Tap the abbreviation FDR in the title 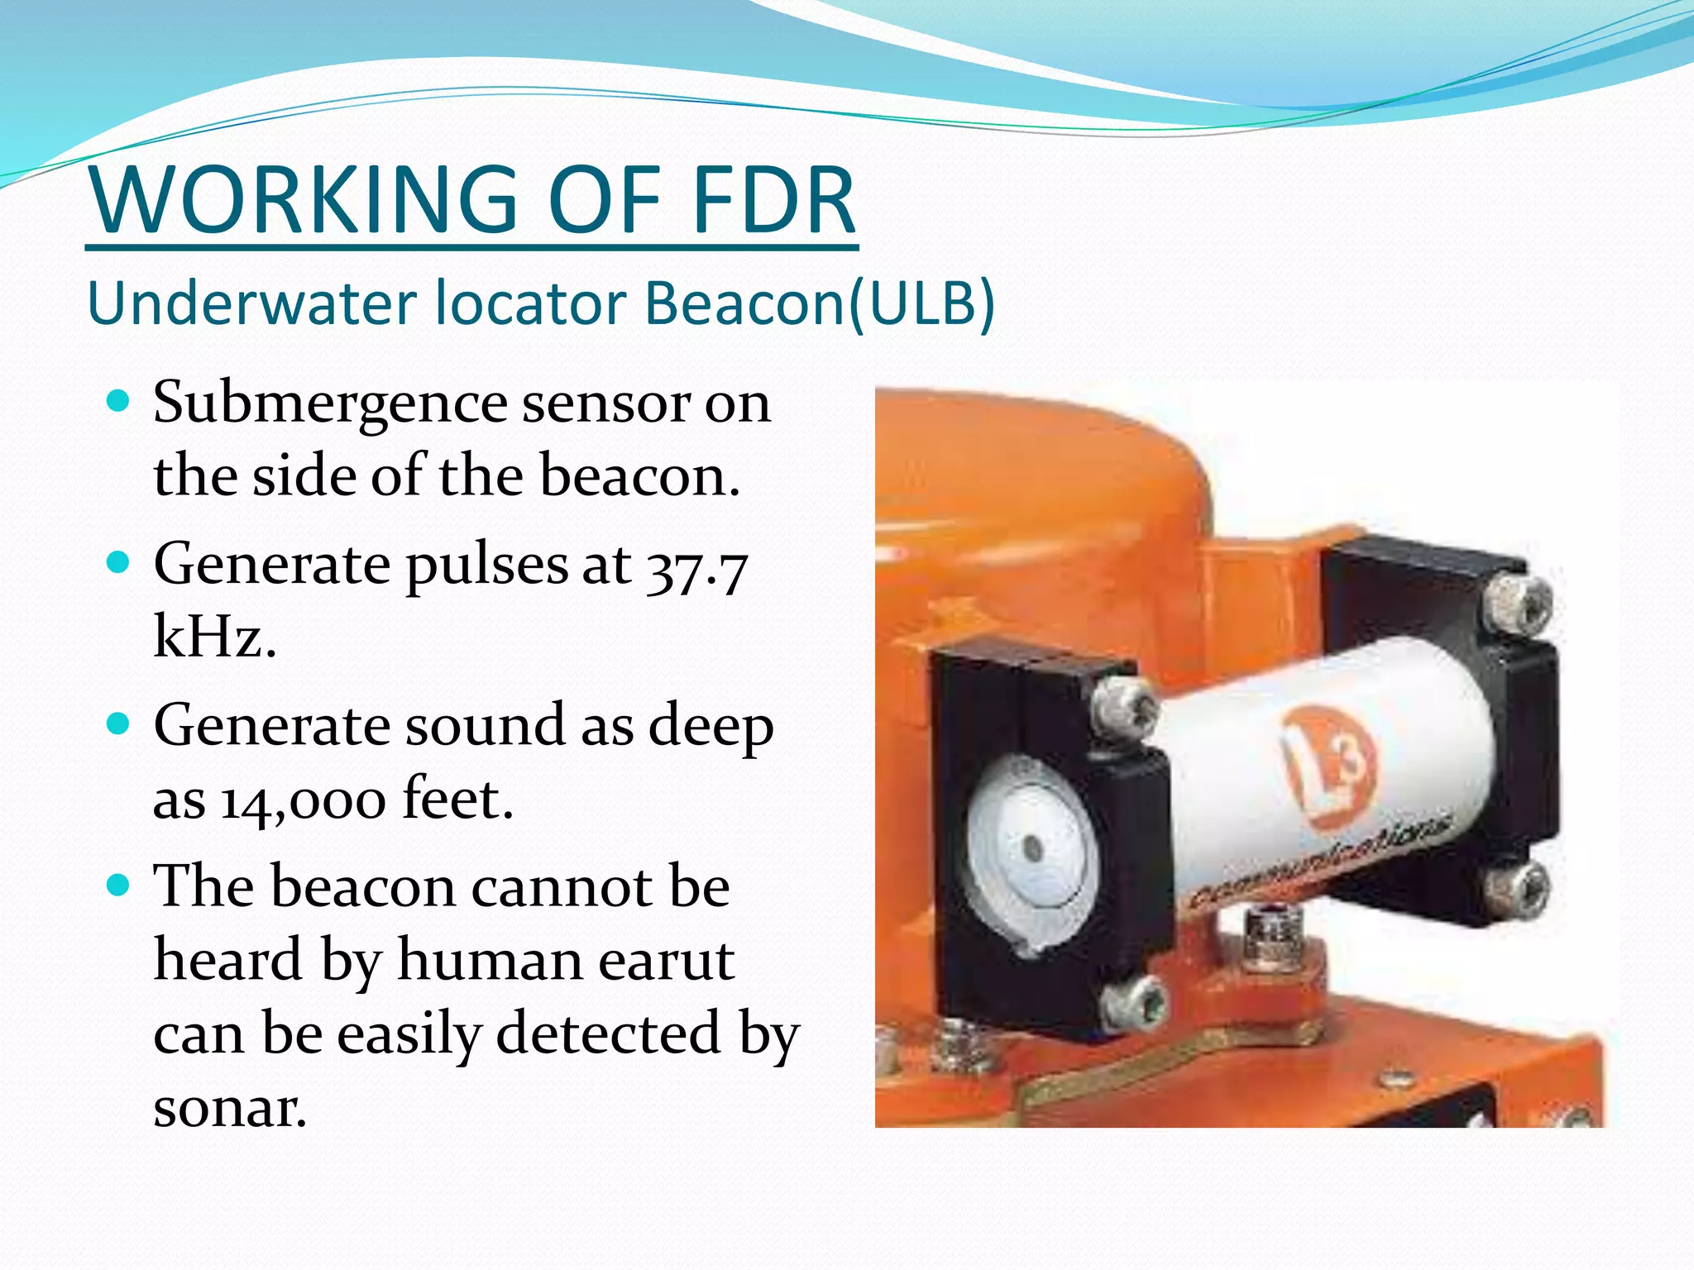[773, 200]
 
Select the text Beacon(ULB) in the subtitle [820, 303]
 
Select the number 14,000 [303, 800]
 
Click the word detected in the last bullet [608, 1034]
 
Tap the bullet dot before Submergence [119, 402]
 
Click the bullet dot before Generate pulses [119, 563]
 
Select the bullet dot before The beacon [119, 886]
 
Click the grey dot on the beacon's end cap [1031, 847]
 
